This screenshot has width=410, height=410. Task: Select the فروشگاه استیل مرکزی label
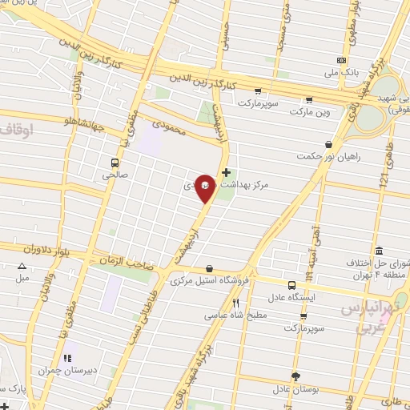pyautogui.click(x=208, y=281)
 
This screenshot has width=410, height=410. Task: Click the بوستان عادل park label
pyautogui.click(x=295, y=389)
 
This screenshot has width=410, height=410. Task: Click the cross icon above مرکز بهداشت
pyautogui.click(x=227, y=171)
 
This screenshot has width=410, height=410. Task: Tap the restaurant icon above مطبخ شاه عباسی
pyautogui.click(x=235, y=303)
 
